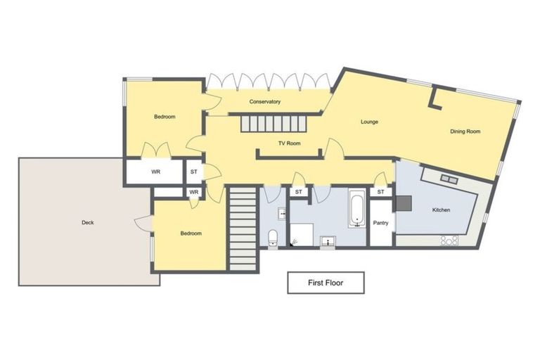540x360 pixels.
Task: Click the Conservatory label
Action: (x=265, y=102)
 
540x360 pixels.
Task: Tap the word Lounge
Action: (x=369, y=122)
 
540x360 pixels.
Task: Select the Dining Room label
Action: (x=465, y=131)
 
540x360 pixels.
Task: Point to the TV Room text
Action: (x=289, y=143)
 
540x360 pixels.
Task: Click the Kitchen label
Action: (x=441, y=210)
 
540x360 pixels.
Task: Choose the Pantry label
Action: (x=381, y=223)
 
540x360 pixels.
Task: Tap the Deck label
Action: (x=87, y=223)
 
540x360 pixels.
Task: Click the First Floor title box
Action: (x=326, y=283)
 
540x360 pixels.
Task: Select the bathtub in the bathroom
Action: (x=356, y=210)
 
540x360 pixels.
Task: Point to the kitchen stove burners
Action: (x=449, y=240)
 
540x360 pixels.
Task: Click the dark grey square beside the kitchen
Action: (x=403, y=203)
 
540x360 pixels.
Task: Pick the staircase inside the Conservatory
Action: (x=274, y=124)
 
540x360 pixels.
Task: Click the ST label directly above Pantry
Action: (x=381, y=192)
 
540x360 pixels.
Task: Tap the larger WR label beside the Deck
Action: (x=155, y=172)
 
